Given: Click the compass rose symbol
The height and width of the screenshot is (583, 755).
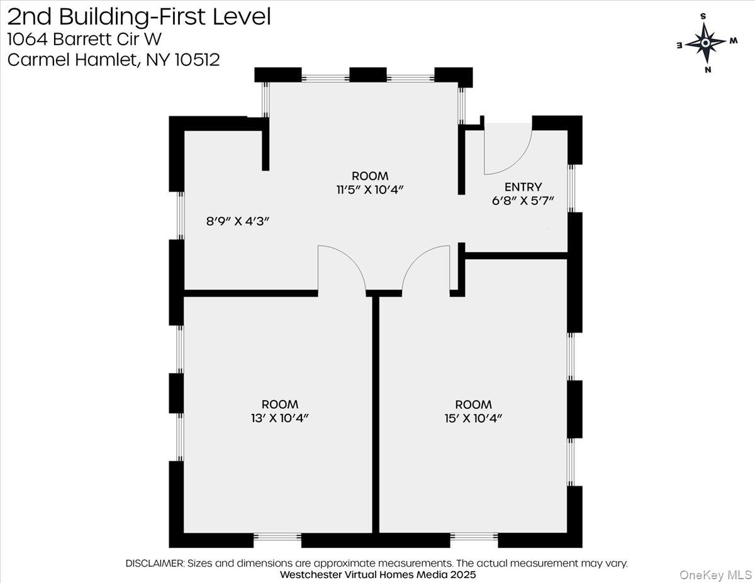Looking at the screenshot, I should click(706, 43).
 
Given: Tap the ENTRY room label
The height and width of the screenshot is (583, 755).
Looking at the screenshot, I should click(523, 187).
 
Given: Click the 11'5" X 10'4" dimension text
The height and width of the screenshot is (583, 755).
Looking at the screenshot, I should click(369, 189).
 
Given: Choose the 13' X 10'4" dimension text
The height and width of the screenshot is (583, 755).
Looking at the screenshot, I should click(280, 418).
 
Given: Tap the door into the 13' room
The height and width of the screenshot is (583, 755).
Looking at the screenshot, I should click(342, 269).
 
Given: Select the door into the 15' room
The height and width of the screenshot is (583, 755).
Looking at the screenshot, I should click(427, 269).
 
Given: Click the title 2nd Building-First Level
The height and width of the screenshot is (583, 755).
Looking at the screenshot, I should click(139, 16).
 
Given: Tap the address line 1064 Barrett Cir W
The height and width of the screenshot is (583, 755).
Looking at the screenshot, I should click(84, 39).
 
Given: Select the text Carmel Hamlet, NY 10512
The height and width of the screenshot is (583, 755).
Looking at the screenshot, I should click(113, 60).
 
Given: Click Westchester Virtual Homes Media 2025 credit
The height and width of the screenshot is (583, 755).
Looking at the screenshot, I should click(377, 575).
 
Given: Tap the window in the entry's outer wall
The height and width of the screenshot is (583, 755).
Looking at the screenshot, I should click(571, 188).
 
